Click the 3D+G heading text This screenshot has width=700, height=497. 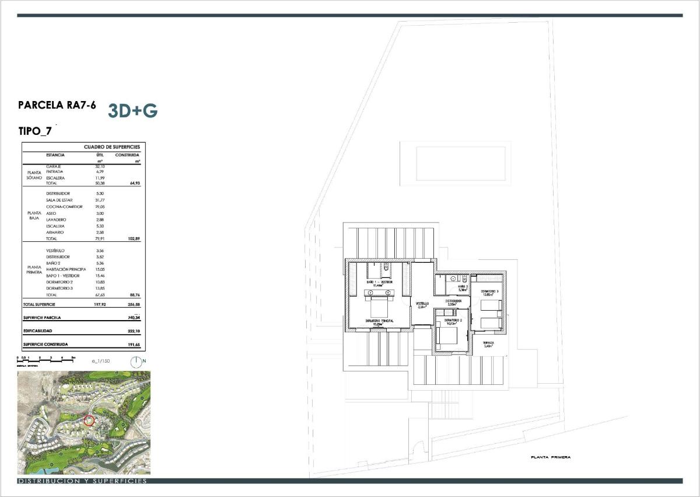[133, 111]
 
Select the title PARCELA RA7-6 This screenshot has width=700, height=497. [57, 106]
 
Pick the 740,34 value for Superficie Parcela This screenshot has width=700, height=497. [135, 318]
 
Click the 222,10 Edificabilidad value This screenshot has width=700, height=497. [135, 331]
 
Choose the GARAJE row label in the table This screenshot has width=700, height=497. [54, 166]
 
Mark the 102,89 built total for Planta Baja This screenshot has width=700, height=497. [135, 239]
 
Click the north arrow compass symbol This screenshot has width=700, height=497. [135, 361]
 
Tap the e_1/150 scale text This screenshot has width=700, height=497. [101, 361]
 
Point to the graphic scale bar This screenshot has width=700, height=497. [47, 357]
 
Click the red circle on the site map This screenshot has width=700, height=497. [89, 419]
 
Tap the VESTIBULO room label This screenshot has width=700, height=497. [422, 304]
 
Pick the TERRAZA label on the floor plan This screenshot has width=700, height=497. [489, 343]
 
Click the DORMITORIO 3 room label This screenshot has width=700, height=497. [489, 290]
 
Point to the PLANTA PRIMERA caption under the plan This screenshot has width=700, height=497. [551, 457]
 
